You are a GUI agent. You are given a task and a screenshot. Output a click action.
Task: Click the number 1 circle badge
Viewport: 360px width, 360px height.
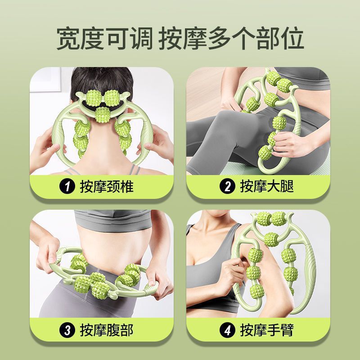[68, 186]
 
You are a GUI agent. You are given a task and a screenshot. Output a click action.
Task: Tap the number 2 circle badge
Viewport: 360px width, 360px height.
[228, 186]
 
